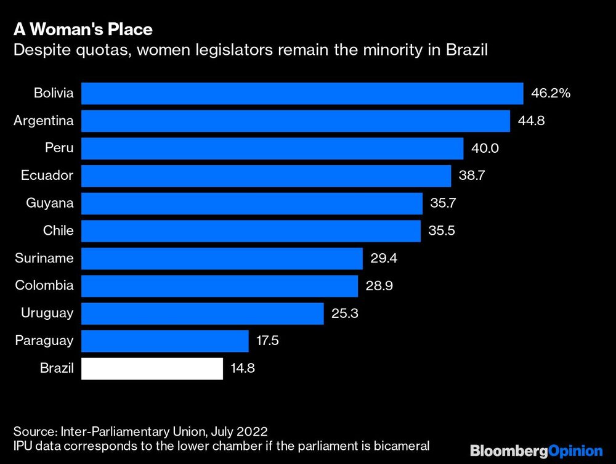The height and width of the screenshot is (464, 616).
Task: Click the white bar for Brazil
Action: [152, 368]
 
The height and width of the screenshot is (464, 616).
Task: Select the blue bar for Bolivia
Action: [302, 94]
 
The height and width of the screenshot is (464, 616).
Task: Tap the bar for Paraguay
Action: [164, 341]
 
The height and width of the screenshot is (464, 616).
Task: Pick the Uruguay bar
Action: [202, 313]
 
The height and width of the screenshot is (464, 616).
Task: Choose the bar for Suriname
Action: [222, 258]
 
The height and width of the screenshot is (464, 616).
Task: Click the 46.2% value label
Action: [551, 94]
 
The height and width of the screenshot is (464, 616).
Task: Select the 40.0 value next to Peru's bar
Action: [484, 149]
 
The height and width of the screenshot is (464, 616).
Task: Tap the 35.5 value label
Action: [442, 231]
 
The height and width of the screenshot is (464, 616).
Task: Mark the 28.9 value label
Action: [379, 286]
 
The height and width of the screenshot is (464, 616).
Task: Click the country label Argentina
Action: [43, 121]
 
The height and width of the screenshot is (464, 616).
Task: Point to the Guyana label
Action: [50, 203]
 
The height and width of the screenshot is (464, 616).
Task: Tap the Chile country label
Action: [58, 231]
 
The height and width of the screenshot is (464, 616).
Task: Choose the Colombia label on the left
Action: [44, 286]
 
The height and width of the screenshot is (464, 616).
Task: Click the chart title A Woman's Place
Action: [83, 30]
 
